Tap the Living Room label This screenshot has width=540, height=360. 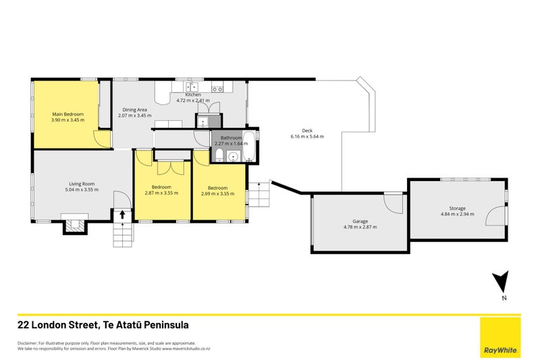click(x=81, y=183)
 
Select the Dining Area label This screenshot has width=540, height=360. click(x=134, y=109)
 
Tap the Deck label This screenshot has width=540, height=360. click(x=307, y=130)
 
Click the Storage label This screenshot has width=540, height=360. click(x=457, y=208)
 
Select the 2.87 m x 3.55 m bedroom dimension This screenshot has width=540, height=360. click(x=161, y=193)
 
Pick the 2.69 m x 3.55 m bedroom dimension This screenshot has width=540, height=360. click(x=217, y=193)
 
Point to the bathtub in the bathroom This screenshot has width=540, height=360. click(x=250, y=147)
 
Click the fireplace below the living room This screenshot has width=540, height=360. click(x=75, y=224)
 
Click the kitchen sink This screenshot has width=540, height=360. click(x=192, y=86)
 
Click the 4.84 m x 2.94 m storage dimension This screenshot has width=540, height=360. click(x=457, y=214)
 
